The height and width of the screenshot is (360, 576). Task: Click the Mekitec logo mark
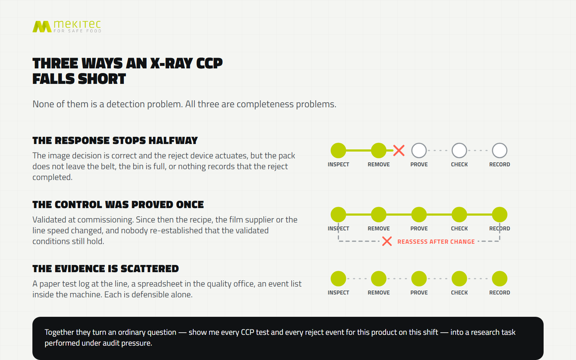click(42, 27)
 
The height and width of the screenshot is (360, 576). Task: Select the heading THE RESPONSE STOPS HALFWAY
click(115, 141)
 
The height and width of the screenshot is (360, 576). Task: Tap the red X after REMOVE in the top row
click(399, 151)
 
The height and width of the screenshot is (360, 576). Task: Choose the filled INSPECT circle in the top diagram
click(338, 150)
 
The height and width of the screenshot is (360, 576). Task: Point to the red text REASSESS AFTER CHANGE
click(436, 242)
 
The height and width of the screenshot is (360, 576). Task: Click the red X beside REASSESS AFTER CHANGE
click(387, 242)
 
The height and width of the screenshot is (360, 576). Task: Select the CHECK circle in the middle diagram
click(459, 215)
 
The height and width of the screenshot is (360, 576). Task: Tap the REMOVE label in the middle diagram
click(378, 229)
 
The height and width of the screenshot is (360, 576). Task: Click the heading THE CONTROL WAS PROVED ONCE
click(118, 205)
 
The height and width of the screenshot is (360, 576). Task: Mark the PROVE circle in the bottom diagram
click(419, 279)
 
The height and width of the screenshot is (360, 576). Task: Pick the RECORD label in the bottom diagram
click(500, 293)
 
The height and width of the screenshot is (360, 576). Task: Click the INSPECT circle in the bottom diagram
click(338, 279)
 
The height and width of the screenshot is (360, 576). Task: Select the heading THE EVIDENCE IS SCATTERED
click(105, 269)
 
